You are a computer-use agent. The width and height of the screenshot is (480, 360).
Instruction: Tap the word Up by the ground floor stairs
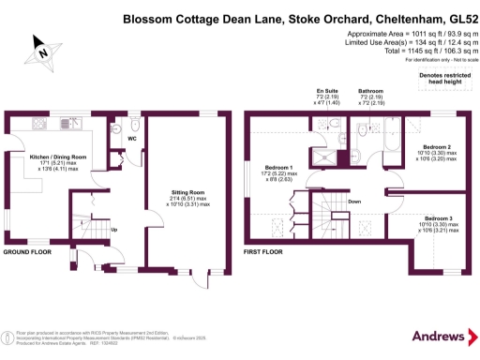[114, 230]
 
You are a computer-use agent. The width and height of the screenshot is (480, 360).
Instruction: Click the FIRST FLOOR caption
[266, 252]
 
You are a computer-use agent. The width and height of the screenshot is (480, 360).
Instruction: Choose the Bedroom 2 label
[437, 147]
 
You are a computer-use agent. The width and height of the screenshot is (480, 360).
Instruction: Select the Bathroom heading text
[370, 91]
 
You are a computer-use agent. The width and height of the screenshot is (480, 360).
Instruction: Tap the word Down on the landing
[354, 202]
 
